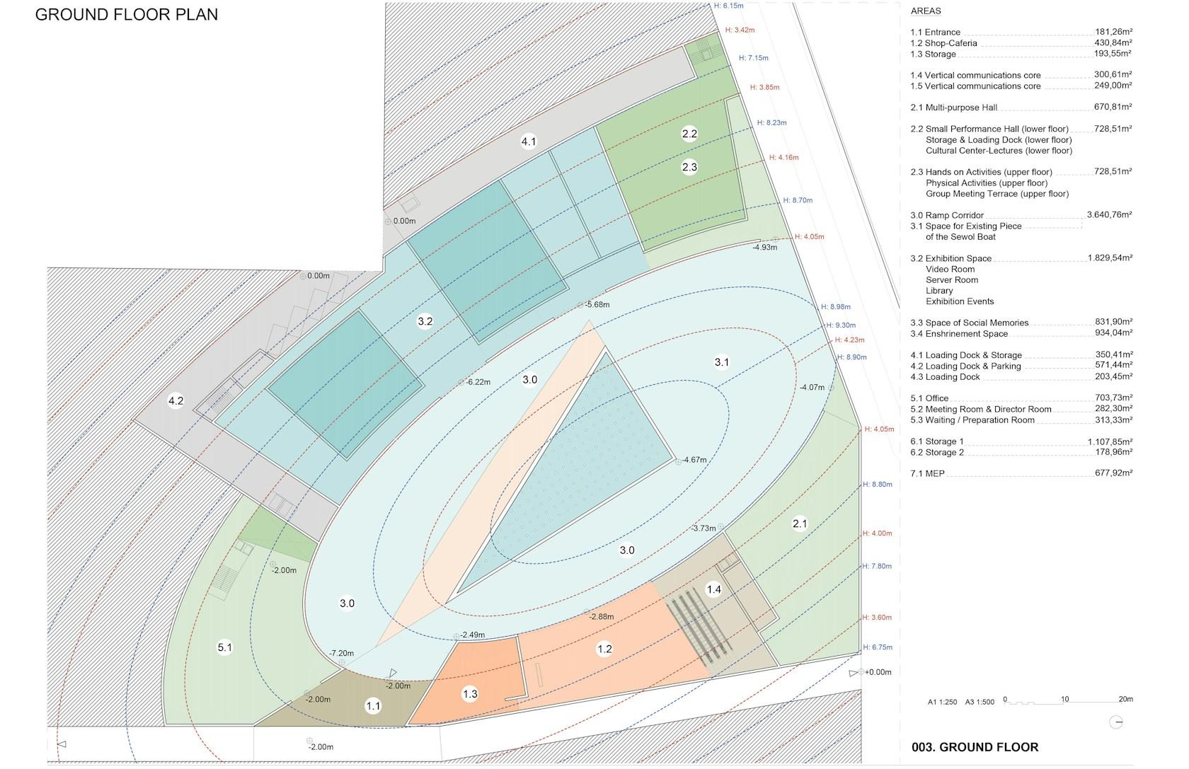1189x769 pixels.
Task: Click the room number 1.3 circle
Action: [x=470, y=693]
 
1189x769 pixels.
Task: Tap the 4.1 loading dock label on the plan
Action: [x=529, y=141]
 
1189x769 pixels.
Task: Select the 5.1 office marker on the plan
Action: [x=224, y=647]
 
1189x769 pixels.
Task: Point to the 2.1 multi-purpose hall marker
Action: [x=800, y=524]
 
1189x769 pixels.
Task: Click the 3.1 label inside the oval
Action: [x=721, y=362]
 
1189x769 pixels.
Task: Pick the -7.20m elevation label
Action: [x=341, y=653]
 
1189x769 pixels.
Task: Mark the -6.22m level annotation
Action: [x=478, y=382]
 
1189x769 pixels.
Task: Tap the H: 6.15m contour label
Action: [x=729, y=6]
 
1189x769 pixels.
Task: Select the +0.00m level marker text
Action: [x=878, y=672]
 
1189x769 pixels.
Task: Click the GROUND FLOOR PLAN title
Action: [x=126, y=14]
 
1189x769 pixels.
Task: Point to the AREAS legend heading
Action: [x=926, y=11]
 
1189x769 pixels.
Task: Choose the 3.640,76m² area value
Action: [x=1110, y=215]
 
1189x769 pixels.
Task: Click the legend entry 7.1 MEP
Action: [x=927, y=473]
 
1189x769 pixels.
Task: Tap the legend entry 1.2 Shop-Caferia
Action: [x=944, y=44]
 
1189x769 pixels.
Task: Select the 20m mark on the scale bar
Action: [x=1126, y=699]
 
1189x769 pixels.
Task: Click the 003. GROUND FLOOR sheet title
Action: [x=975, y=747]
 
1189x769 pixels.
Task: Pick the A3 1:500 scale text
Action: [x=980, y=702]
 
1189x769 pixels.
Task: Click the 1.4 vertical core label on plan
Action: [x=713, y=589]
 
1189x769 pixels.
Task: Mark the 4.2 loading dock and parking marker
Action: [x=176, y=400]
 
